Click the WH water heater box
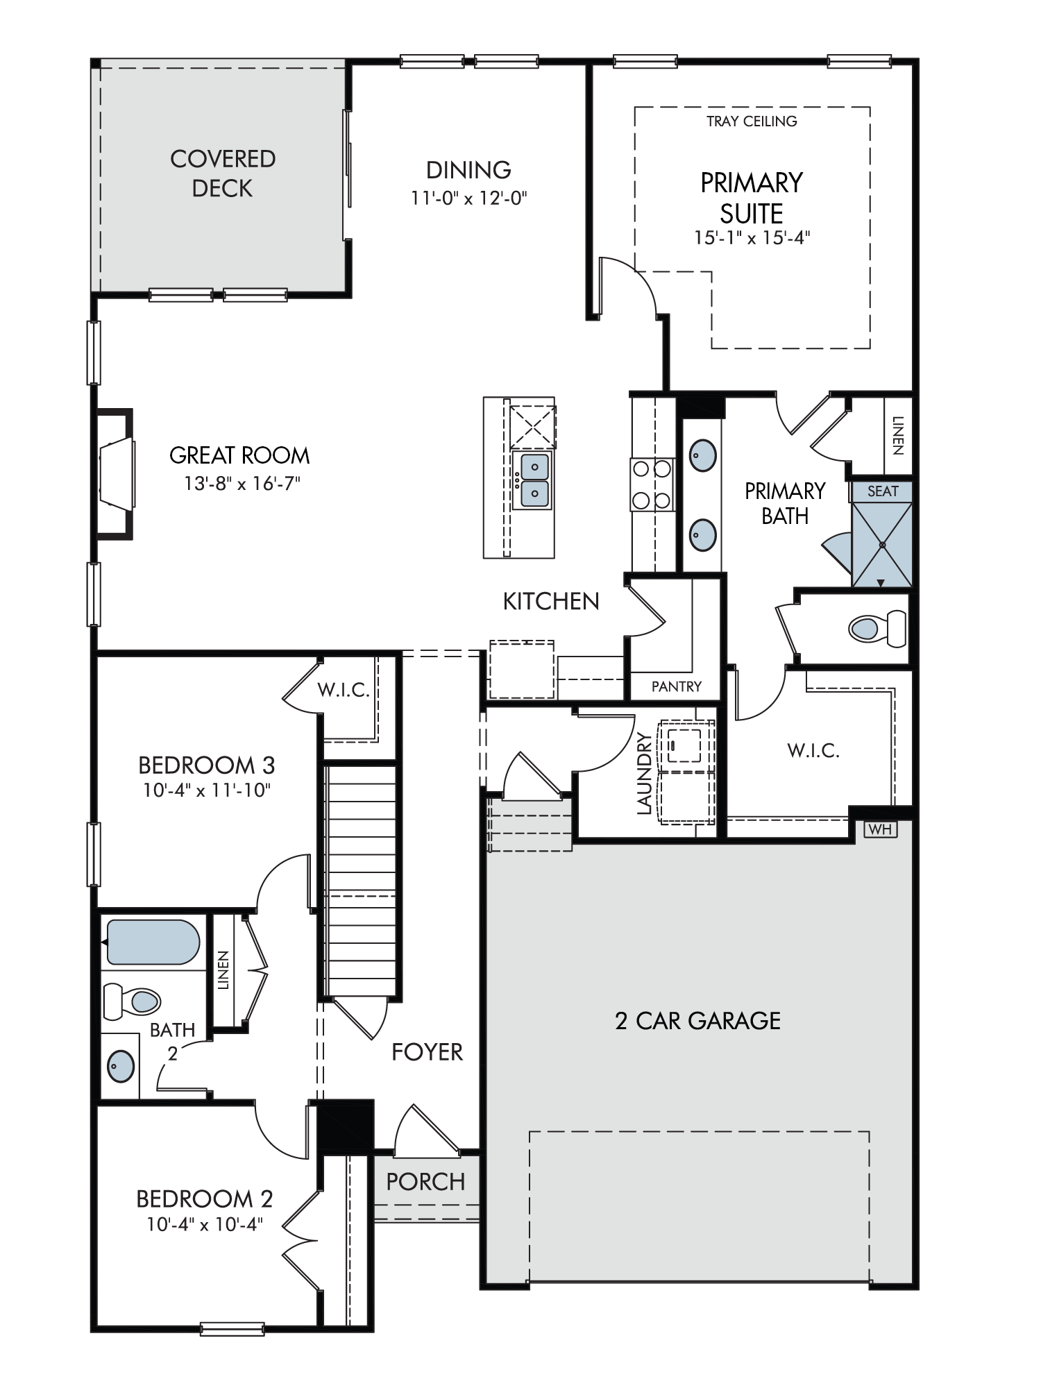[x=880, y=829]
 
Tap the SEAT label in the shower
[x=883, y=491]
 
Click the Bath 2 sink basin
[x=121, y=1064]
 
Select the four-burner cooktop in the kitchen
[x=652, y=484]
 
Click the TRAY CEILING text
[x=752, y=121]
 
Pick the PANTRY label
[x=676, y=686]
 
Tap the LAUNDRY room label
[x=645, y=773]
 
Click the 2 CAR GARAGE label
[x=697, y=1020]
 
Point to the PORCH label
[x=425, y=1181]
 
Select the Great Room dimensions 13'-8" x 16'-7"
[x=241, y=483]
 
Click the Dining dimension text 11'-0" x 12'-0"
[x=469, y=198]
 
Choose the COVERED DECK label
[x=223, y=173]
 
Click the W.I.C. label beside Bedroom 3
[x=343, y=690]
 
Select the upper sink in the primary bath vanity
[x=702, y=456]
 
